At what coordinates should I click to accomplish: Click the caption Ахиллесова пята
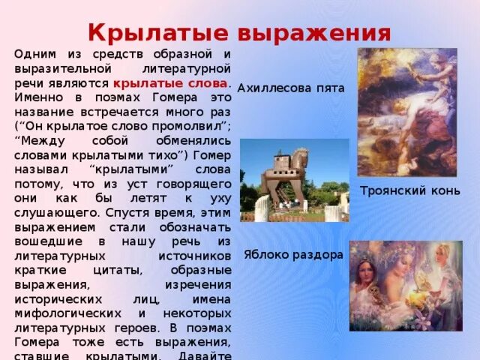point(291,88)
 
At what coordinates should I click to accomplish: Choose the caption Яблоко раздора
point(293,254)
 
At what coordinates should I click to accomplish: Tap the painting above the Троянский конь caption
point(406,112)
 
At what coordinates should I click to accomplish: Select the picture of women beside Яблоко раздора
point(405,286)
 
